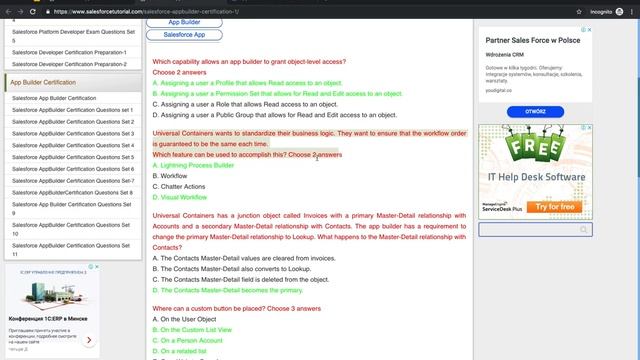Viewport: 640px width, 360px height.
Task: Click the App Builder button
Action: pyautogui.click(x=184, y=21)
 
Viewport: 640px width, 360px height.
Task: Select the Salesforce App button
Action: pyautogui.click(x=184, y=34)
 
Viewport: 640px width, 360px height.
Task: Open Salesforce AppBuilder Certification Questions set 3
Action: pyautogui.click(x=73, y=133)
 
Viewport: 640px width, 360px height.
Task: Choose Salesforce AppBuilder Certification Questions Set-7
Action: pyautogui.click(x=71, y=180)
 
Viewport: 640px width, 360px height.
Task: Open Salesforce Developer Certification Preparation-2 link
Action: pyautogui.click(x=69, y=63)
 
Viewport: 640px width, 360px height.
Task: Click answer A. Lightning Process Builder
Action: pyautogui.click(x=194, y=165)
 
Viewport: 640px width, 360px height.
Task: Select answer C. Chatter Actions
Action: pyautogui.click(x=179, y=186)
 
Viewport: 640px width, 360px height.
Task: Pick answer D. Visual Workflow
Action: pyautogui.click(x=180, y=197)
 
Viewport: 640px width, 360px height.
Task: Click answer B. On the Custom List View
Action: pyautogui.click(x=196, y=329)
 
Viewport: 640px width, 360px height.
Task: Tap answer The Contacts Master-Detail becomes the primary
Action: pyautogui.click(x=227, y=290)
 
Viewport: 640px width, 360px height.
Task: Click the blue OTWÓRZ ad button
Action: pyautogui.click(x=536, y=112)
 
